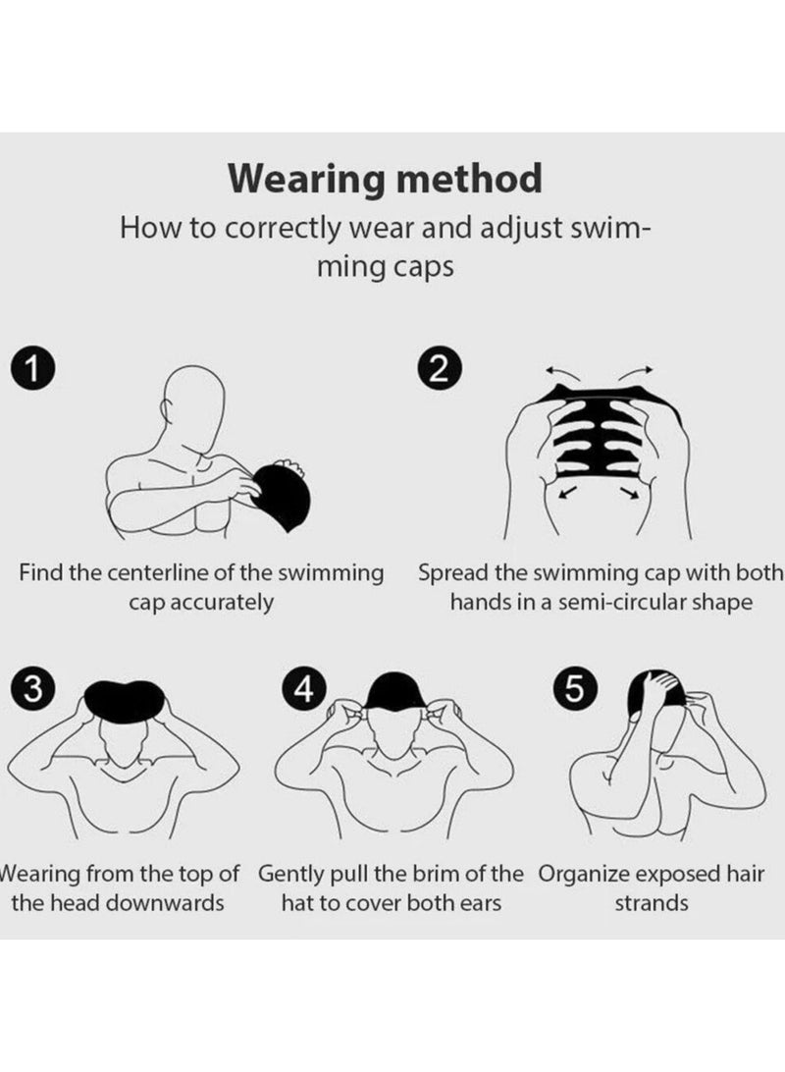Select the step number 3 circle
[32, 688]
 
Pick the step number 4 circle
[303, 688]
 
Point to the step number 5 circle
[575, 688]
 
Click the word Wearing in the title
[307, 180]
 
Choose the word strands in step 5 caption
[652, 903]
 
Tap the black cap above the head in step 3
[125, 699]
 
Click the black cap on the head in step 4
[395, 690]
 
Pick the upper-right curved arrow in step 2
[636, 373]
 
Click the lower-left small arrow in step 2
[567, 492]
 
